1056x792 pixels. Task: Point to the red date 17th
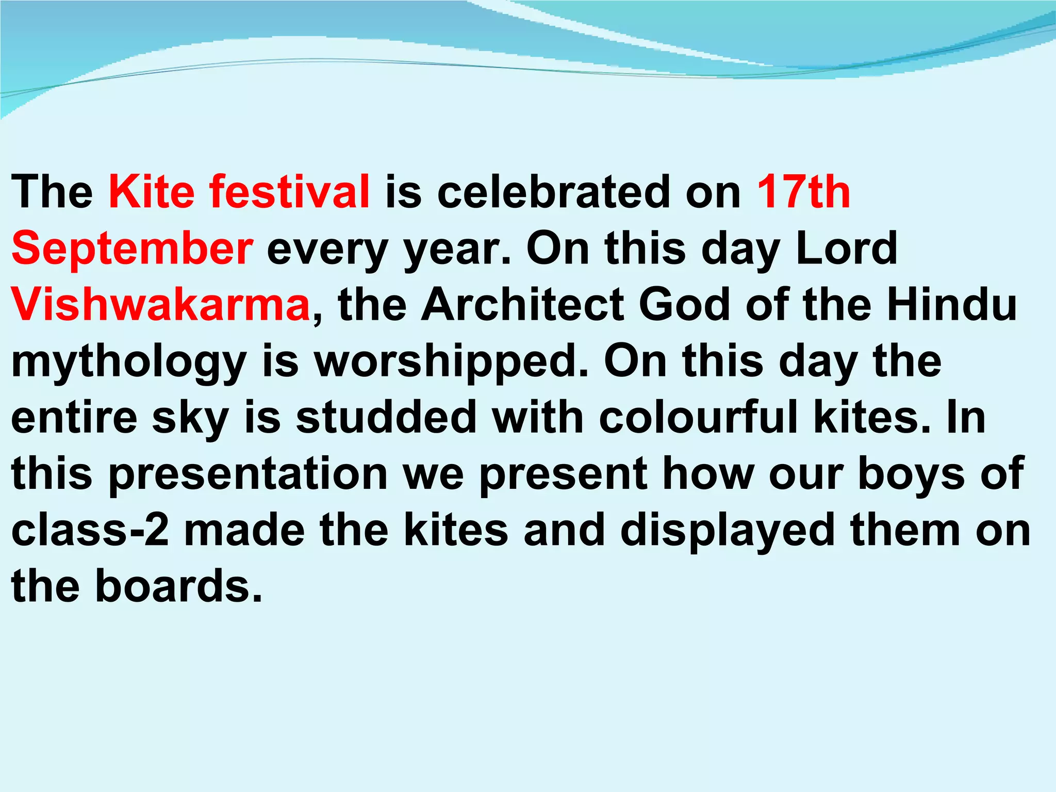click(803, 192)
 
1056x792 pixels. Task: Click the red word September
click(132, 249)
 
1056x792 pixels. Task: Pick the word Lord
click(846, 249)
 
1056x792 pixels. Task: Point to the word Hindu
click(952, 305)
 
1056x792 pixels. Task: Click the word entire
click(74, 418)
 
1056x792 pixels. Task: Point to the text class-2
click(90, 531)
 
